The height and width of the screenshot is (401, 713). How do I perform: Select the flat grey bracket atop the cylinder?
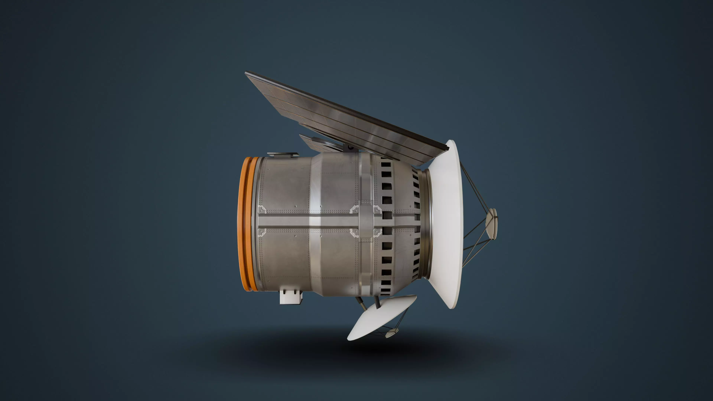(x=282, y=154)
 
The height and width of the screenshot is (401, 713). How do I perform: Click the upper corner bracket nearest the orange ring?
(x=262, y=209)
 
